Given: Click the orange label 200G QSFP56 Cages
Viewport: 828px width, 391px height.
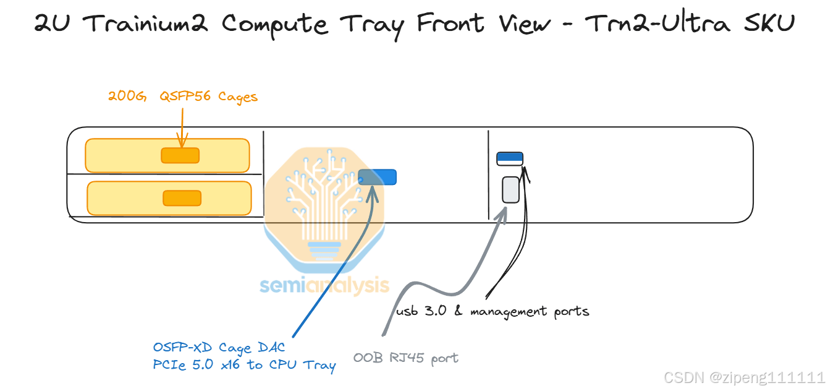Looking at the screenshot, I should pos(183,97).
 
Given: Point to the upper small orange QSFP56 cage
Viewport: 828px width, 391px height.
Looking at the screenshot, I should pos(180,155).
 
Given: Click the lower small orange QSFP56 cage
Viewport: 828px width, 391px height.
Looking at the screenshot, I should pos(182,198).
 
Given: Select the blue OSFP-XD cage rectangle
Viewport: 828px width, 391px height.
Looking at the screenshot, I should pos(377,177).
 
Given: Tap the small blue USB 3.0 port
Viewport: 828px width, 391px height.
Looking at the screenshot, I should pos(510,157).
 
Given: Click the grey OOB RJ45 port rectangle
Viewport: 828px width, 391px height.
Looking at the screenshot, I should pos(510,189).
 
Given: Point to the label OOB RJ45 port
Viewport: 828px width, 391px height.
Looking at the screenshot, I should pos(405,358).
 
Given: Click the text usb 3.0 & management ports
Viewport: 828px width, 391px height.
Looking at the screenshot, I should pos(492,311).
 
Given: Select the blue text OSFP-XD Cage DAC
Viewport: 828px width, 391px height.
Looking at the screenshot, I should pos(219,348).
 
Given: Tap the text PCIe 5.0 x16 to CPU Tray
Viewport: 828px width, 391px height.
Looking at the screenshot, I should pos(244,365).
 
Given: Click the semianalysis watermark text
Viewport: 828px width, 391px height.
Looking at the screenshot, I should pos(324,285).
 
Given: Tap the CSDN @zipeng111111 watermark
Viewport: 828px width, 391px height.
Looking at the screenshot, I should pos(743,377).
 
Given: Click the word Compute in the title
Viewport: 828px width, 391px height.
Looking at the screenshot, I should pos(276,24).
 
